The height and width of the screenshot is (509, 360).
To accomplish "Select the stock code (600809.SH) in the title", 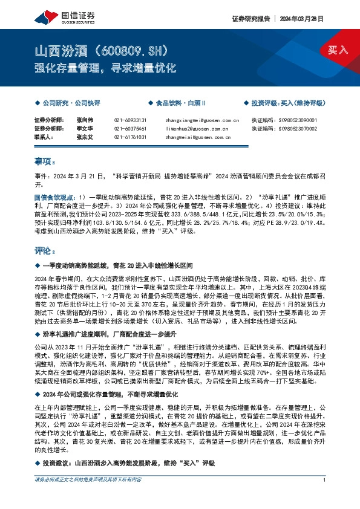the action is [x=130, y=49].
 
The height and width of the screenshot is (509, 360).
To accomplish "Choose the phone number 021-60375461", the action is [x=130, y=129].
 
